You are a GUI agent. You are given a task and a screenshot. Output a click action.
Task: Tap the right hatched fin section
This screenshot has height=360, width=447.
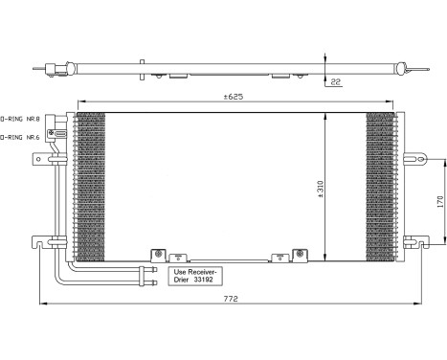pyautogui.click(x=380, y=186)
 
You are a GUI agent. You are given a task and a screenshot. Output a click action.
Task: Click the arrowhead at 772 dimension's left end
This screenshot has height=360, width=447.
pyautogui.click(x=42, y=306)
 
